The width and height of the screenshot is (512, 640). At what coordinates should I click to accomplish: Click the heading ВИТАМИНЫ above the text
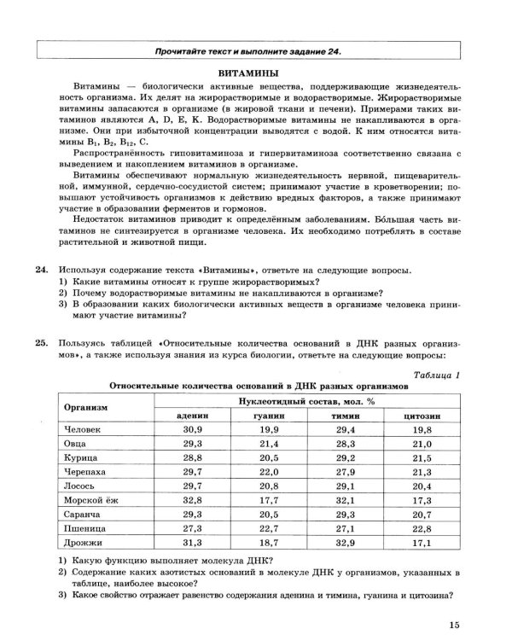(x=255, y=73)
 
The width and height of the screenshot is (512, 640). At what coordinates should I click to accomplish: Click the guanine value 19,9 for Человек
(x=268, y=429)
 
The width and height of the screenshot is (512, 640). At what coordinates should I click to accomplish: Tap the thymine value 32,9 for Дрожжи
(x=345, y=542)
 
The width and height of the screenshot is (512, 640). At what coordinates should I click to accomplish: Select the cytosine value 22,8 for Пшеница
(x=422, y=527)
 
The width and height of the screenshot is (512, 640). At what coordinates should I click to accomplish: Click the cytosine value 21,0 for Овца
(x=422, y=444)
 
